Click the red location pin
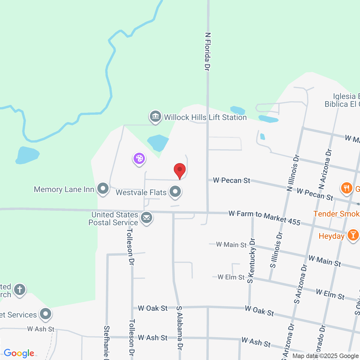180,170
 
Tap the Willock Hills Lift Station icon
155,116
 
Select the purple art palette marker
139,159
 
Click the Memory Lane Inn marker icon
103,188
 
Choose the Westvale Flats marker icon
175,192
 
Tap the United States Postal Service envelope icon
147,218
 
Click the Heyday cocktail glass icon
353,235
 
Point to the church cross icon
20,289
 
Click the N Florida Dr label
208,51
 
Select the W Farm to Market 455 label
264,218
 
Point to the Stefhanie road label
107,343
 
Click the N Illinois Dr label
293,173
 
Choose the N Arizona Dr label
325,169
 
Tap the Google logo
19,353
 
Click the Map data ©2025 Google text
325,356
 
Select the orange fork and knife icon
346,188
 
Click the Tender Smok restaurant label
336,214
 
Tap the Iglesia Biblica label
342,100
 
